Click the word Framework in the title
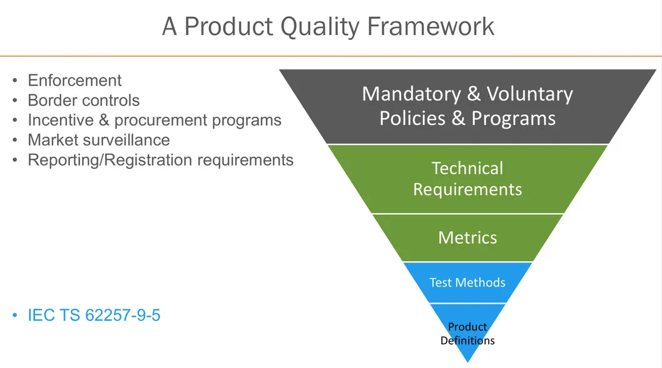point(431,27)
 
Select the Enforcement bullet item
point(74,81)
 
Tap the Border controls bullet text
point(83,101)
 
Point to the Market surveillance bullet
point(98,140)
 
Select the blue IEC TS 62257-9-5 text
point(94,316)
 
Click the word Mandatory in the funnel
point(412,94)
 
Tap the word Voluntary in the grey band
point(529,94)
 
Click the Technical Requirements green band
point(467,179)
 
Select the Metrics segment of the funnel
point(467,237)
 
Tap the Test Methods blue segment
point(467,282)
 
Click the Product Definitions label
point(467,334)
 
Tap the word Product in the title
point(220,27)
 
